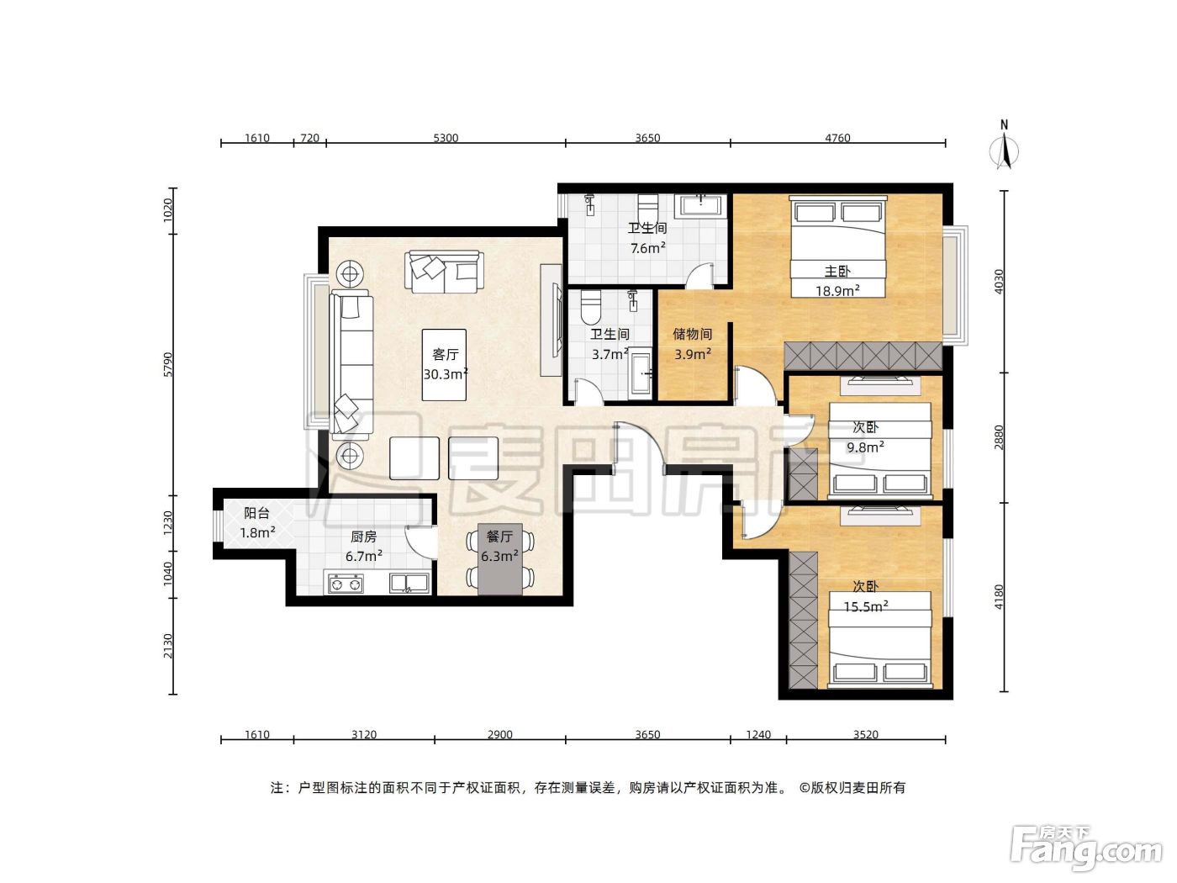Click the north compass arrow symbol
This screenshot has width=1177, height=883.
[x=1004, y=152]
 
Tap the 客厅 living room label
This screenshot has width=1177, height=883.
[x=445, y=354]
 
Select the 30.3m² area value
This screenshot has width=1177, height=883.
[x=446, y=374]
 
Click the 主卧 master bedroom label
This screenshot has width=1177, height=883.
[x=837, y=272]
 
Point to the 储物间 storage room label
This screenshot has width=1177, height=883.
[x=693, y=334]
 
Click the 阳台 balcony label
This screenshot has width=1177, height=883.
[x=256, y=513]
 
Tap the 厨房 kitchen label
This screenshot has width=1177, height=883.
[x=363, y=537]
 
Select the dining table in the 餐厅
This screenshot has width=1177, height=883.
[x=500, y=559]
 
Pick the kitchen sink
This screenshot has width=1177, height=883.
[x=409, y=584]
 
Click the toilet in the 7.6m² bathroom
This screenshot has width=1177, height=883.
[x=647, y=207]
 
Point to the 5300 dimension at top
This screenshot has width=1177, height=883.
[x=446, y=138]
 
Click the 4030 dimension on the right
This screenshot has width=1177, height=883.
[x=998, y=282]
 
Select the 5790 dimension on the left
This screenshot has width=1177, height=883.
[x=168, y=365]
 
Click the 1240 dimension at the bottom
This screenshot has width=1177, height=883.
[x=758, y=734]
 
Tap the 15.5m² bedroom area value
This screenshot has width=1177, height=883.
[x=866, y=607]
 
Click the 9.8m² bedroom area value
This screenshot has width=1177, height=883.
[x=865, y=447]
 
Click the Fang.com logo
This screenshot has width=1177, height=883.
[x=1086, y=847]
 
